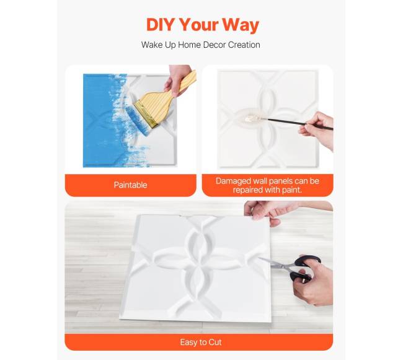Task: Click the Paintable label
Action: click(131, 185)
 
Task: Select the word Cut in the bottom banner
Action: click(215, 342)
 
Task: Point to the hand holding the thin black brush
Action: click(317, 130)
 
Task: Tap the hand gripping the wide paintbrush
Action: click(177, 79)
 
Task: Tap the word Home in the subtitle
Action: click(189, 45)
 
